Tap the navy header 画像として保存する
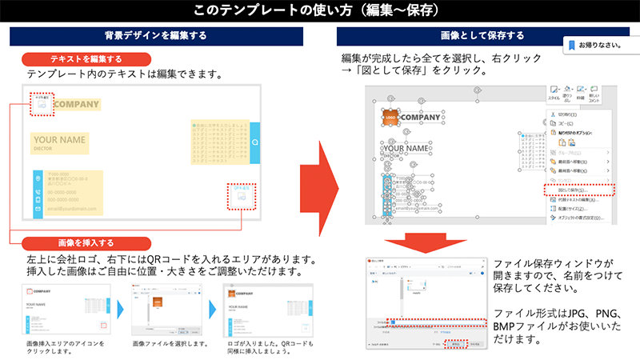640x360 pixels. tap(482, 36)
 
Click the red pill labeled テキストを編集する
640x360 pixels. tap(86, 59)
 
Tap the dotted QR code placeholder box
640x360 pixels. tap(241, 194)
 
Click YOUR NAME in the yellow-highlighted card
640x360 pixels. tap(59, 140)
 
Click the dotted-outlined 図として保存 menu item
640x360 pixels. tap(578, 190)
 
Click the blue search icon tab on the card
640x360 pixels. tap(254, 142)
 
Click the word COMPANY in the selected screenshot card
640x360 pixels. tap(420, 118)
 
